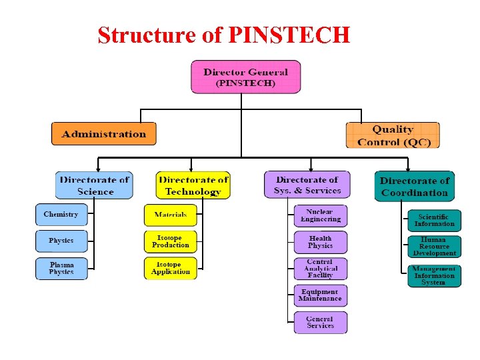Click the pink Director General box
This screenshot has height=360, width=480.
coord(245,77)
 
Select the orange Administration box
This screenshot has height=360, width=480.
coord(103,133)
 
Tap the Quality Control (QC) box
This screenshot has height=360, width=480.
coord(393,135)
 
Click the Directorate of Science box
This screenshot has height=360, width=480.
coord(94,185)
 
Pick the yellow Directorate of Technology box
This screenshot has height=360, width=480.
coord(193,185)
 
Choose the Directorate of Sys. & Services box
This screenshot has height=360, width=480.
coord(307,185)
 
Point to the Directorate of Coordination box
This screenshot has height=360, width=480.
coord(414,186)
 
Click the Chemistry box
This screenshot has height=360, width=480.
coord(61,215)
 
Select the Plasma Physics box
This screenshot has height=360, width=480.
coord(61,269)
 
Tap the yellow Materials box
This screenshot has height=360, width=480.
coord(171,215)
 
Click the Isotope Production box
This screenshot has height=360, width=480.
coord(171,241)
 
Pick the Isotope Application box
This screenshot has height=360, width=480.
coord(171,268)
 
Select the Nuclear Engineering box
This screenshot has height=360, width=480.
coord(321,215)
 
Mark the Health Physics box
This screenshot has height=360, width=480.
coord(321,242)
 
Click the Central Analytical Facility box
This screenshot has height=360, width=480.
coord(321,269)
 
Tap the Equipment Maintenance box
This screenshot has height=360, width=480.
coord(321,295)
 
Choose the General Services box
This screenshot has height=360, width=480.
coord(321,322)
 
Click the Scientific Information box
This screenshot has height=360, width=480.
coord(435,221)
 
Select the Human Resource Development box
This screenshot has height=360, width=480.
coord(435,247)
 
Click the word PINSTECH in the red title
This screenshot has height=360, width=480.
coord(289,35)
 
